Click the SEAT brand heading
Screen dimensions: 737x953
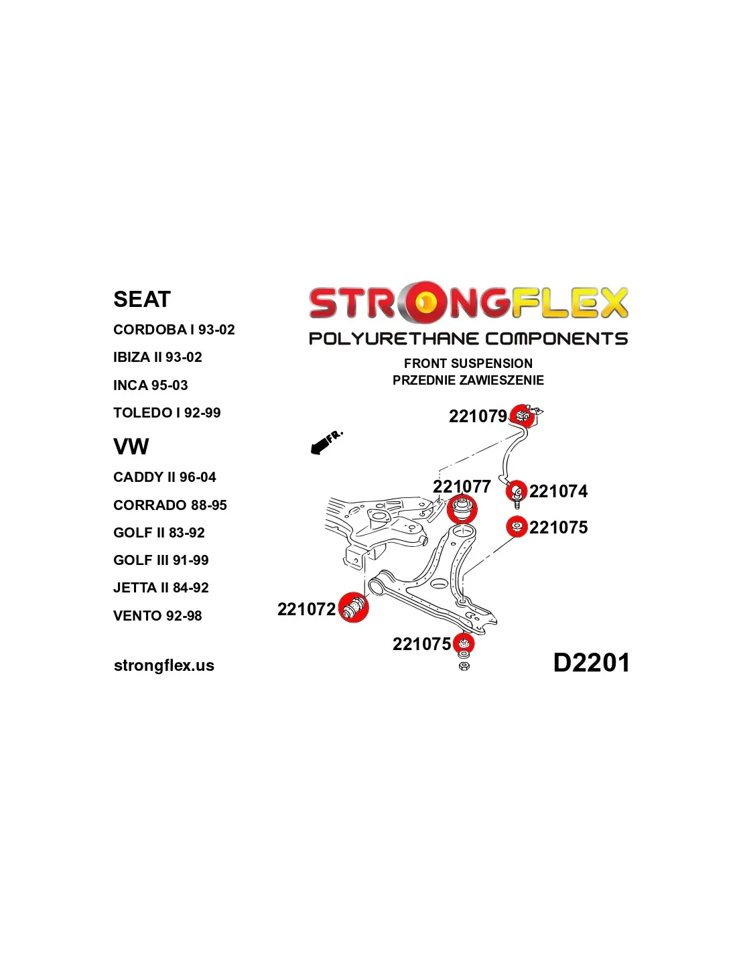coord(141,299)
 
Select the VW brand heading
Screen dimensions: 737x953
coord(131,446)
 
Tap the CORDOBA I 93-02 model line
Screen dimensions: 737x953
coord(174,329)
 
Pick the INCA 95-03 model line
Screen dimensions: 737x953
coord(150,385)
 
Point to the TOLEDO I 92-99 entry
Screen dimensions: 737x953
coord(167,413)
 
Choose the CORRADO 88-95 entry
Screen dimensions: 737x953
coord(170,505)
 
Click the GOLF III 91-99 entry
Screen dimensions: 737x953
coord(161,560)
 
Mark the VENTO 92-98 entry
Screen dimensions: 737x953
coord(157,616)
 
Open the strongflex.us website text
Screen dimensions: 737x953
coord(164,665)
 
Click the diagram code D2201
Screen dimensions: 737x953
coord(591,663)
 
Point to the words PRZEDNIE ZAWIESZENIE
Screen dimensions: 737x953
coord(468,380)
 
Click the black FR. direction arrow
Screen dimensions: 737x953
coord(326,442)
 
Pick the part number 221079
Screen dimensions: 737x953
coord(478,416)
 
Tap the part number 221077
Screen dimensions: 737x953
coord(462,487)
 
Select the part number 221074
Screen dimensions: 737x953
coord(558,491)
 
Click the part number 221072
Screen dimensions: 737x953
coord(306,609)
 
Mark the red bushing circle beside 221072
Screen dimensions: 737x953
coord(354,607)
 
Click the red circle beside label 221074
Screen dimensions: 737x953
coord(516,491)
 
